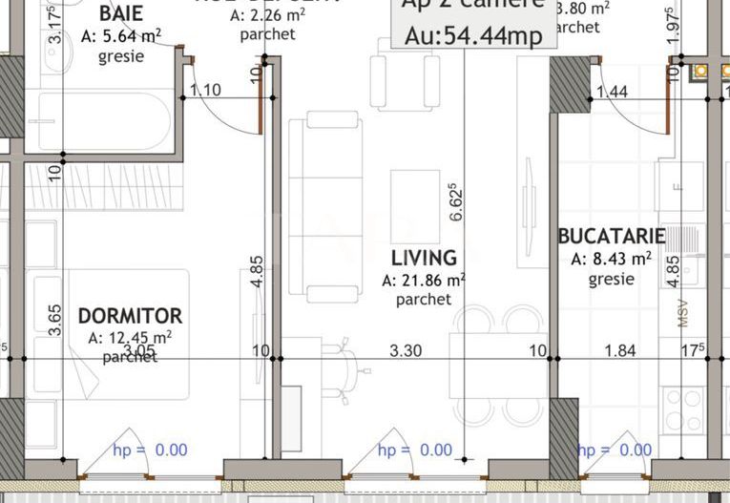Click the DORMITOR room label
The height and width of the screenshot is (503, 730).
pyautogui.click(x=130, y=316)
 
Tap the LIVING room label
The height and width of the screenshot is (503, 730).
pyautogui.click(x=424, y=258)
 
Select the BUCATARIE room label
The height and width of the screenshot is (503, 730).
pyautogui.click(x=612, y=237)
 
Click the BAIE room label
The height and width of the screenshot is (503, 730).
pyautogui.click(x=121, y=14)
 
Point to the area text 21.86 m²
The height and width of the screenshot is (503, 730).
pyautogui.click(x=424, y=281)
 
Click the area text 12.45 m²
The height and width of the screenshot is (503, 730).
pyautogui.click(x=130, y=338)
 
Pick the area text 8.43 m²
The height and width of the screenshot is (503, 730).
pyautogui.click(x=611, y=259)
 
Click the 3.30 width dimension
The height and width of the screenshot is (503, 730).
pyautogui.click(x=407, y=350)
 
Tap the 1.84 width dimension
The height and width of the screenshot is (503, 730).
pyautogui.click(x=620, y=350)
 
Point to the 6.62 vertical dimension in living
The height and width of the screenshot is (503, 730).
pyautogui.click(x=456, y=202)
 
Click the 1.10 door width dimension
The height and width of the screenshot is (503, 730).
pyautogui.click(x=205, y=91)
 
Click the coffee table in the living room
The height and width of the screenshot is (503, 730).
pyautogui.click(x=415, y=205)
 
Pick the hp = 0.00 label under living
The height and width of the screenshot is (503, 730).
pyautogui.click(x=415, y=450)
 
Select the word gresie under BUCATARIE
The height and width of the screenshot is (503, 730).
pyautogui.click(x=611, y=280)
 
